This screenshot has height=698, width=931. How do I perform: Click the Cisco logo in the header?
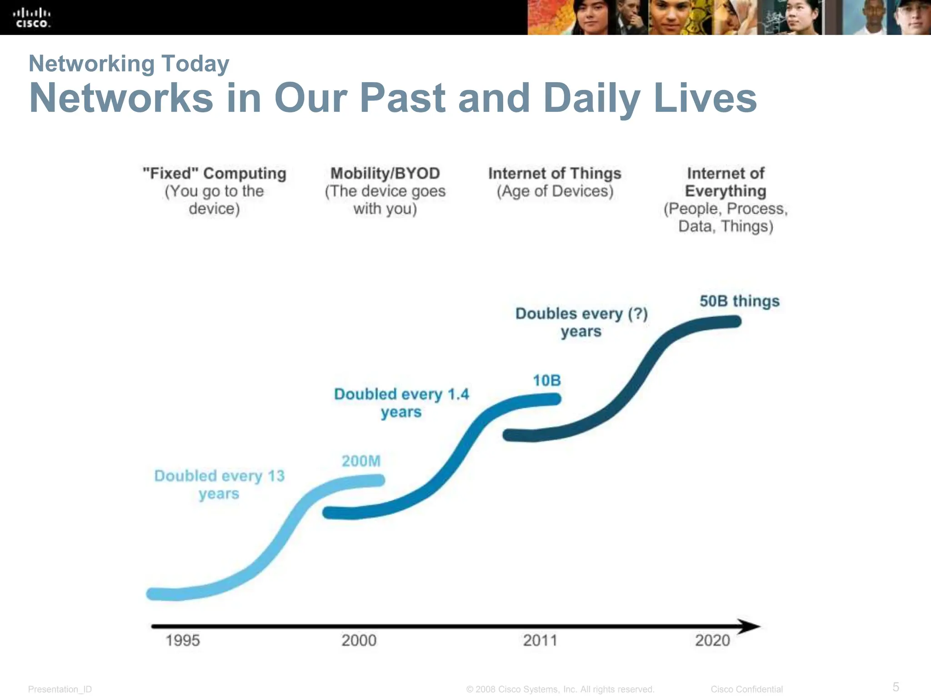(x=32, y=18)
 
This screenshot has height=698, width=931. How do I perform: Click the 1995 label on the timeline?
(x=183, y=640)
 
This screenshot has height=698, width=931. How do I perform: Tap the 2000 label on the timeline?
(x=359, y=640)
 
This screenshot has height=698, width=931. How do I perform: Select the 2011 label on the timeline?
(x=540, y=640)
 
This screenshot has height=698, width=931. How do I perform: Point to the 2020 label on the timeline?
(x=712, y=640)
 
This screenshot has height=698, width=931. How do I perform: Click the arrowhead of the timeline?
(x=749, y=626)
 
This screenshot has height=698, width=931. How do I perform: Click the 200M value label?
(x=361, y=461)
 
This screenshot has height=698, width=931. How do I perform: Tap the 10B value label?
(x=547, y=380)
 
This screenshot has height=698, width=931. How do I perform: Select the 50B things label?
(x=739, y=301)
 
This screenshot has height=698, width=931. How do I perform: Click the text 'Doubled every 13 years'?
(x=219, y=484)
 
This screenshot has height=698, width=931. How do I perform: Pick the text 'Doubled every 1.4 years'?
(x=401, y=403)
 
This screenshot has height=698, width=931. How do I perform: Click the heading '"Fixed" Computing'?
(x=214, y=173)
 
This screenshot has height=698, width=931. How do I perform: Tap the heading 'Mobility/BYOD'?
(x=385, y=173)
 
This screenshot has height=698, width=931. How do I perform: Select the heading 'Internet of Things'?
(x=555, y=173)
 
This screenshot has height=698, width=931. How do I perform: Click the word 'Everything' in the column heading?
(x=726, y=191)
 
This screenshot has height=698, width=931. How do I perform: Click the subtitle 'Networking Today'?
(x=129, y=63)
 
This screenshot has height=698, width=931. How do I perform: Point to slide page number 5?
(x=896, y=686)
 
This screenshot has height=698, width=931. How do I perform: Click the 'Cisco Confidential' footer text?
(x=746, y=689)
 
